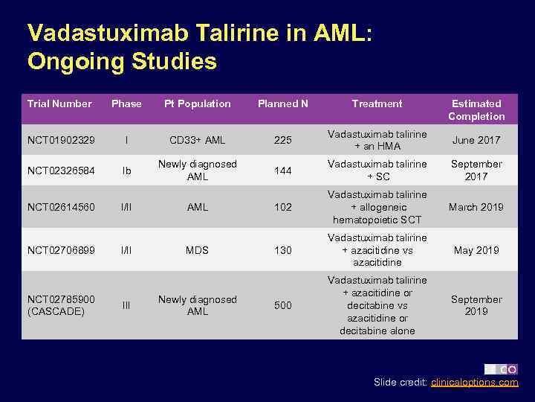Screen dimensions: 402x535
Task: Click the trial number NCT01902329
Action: coord(61,140)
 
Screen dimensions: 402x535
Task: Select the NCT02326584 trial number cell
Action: coord(61,170)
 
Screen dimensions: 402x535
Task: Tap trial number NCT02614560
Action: coord(61,207)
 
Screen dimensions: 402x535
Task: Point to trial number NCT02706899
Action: coord(61,250)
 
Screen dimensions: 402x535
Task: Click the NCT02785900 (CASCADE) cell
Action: coord(61,305)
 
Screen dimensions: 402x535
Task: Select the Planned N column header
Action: coord(282,103)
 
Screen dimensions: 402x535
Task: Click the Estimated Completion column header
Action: coord(476,109)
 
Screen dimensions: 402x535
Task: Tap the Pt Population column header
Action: coord(198,103)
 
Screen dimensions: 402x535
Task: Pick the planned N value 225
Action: coord(282,140)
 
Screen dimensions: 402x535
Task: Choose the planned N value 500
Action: coord(282,305)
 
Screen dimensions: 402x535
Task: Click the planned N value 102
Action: coord(282,207)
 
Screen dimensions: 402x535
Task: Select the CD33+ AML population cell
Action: coord(198,140)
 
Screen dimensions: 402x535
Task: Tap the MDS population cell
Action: coord(198,250)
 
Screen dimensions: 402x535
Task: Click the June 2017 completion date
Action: coord(476,140)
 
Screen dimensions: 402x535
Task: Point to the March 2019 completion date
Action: coord(476,207)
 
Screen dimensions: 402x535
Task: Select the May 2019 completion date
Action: coord(476,250)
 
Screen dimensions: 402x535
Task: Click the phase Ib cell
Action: coord(126,170)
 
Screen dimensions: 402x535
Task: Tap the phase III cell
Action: coord(126,305)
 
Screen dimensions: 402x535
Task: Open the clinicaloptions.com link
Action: coord(475,383)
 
